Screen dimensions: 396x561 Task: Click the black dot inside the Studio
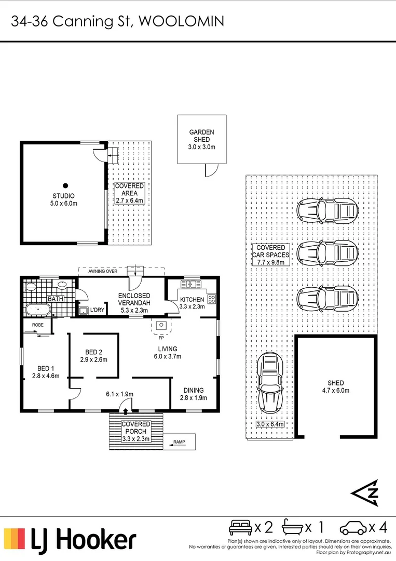point(65,185)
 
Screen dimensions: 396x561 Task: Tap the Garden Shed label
point(201,136)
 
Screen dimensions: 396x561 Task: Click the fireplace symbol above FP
point(161,325)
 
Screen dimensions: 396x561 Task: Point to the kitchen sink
point(191,285)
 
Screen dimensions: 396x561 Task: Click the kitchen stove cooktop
point(212,299)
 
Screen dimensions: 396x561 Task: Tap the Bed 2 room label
point(93,352)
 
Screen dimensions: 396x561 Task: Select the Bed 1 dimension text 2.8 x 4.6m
point(46,376)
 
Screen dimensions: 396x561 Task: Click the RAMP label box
point(179,442)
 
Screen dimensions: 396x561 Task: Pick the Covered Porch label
point(136,428)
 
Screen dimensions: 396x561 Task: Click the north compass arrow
point(365,493)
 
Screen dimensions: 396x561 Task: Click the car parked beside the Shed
point(270,382)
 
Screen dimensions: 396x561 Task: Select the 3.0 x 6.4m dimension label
point(270,424)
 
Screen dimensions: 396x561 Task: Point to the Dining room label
point(194,390)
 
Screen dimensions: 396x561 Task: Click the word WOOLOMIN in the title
point(181,21)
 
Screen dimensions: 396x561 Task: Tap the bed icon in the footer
point(240,527)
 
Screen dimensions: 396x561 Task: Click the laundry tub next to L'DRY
point(84,310)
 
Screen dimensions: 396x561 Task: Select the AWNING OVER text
point(103,271)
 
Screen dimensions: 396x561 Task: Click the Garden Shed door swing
point(212,170)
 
